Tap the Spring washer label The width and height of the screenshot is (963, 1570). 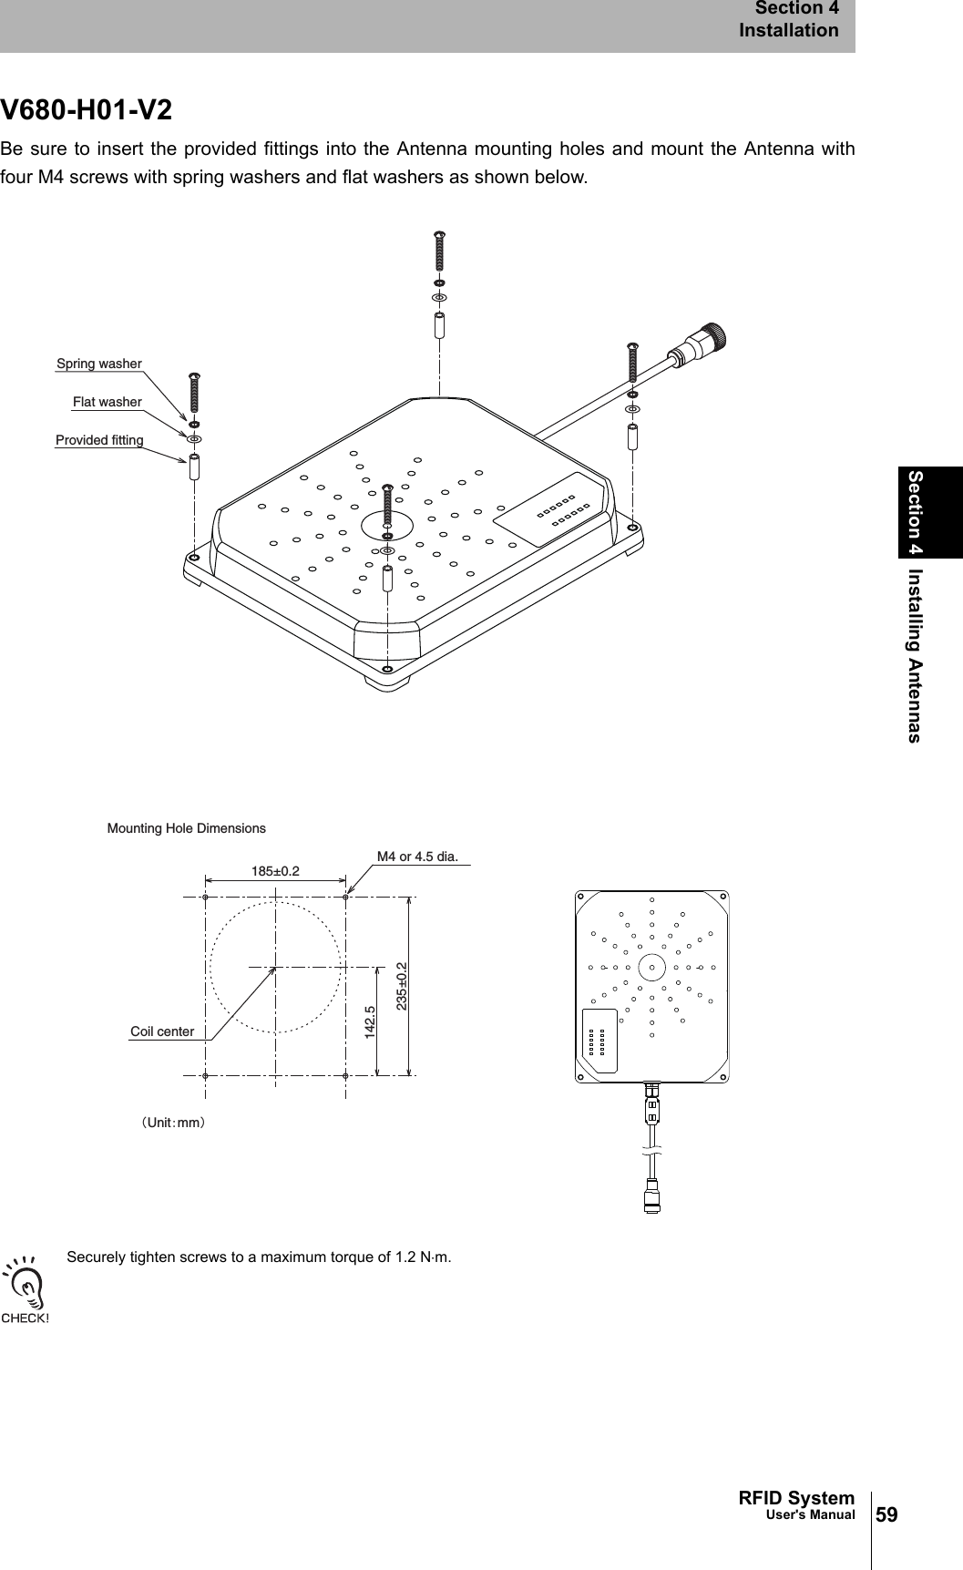pos(99,364)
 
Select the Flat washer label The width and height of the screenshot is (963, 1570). pos(108,402)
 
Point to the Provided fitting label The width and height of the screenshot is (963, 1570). pos(99,441)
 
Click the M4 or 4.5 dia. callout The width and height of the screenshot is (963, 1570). pos(417,857)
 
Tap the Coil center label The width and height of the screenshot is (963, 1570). pos(162,1031)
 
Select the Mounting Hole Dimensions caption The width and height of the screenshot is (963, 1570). pos(187,828)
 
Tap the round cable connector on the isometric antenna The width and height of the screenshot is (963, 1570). pos(708,340)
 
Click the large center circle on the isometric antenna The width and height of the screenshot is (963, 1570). pos(388,526)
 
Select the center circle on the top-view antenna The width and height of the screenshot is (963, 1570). pos(651,967)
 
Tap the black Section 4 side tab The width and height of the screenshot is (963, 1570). pos(929,512)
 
